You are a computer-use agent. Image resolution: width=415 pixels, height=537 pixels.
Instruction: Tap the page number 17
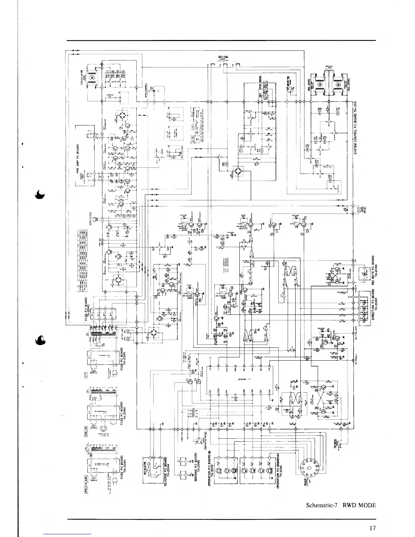click(373, 528)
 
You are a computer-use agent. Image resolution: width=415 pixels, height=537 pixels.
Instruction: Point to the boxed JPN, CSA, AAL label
click(85, 481)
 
